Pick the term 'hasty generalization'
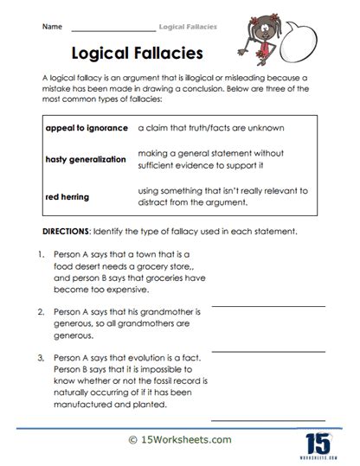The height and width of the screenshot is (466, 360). (85, 159)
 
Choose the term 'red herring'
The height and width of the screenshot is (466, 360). (66, 196)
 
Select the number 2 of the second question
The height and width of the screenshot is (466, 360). (41, 310)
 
